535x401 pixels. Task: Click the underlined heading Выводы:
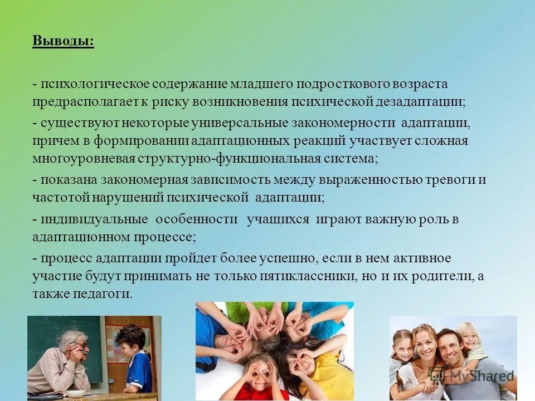click(x=63, y=42)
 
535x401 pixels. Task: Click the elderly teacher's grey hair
click(x=72, y=336)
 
